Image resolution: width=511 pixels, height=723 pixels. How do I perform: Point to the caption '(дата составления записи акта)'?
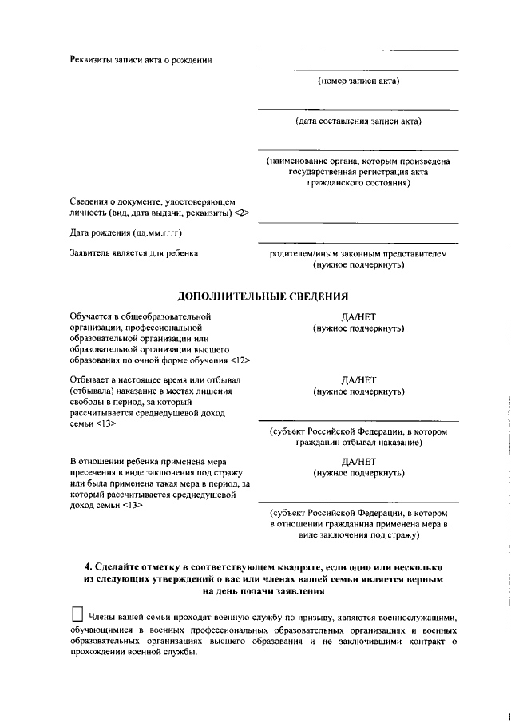[358, 121]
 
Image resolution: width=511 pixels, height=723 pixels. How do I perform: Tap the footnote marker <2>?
[243, 213]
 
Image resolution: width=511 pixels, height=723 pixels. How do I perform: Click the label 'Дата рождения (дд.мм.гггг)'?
[126, 233]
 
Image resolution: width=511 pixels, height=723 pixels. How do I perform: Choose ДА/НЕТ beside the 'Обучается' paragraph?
[358, 316]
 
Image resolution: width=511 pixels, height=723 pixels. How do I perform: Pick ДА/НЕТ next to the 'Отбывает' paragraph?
[358, 379]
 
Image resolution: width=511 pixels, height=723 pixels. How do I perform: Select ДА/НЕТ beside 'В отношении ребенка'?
[358, 462]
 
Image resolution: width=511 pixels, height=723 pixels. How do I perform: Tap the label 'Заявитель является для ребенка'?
[134, 253]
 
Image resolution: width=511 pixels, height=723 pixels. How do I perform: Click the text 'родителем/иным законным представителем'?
[358, 253]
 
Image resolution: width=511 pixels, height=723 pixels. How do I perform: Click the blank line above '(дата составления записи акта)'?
[358, 110]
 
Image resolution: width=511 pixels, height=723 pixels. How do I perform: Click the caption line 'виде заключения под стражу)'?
[358, 535]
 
